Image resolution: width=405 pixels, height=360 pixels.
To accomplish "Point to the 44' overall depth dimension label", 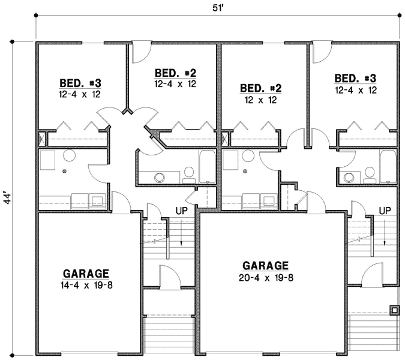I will (x=7, y=197).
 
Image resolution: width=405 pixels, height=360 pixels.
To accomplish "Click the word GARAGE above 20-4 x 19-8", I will (x=266, y=265).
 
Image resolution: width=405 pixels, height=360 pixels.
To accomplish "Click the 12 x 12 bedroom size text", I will (x=260, y=100).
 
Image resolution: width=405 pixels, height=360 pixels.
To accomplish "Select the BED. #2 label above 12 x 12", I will (x=260, y=89).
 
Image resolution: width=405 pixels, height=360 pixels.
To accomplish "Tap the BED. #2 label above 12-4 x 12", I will (x=175, y=73).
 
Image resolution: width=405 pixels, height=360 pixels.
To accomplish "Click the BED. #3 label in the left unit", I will (x=80, y=83).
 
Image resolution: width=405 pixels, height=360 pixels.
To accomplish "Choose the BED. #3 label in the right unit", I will (x=355, y=79).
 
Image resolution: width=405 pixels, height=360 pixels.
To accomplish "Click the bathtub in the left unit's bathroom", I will (x=206, y=167).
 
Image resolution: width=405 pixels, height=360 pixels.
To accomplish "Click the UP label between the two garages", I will (x=182, y=211).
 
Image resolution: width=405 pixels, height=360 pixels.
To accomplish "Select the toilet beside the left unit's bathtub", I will (x=188, y=175).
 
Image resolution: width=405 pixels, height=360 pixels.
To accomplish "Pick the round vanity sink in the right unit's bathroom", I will (x=349, y=176).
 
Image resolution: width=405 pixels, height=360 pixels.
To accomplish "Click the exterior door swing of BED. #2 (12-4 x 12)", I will (x=139, y=53).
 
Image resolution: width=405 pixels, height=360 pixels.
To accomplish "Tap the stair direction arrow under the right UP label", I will (x=385, y=237).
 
